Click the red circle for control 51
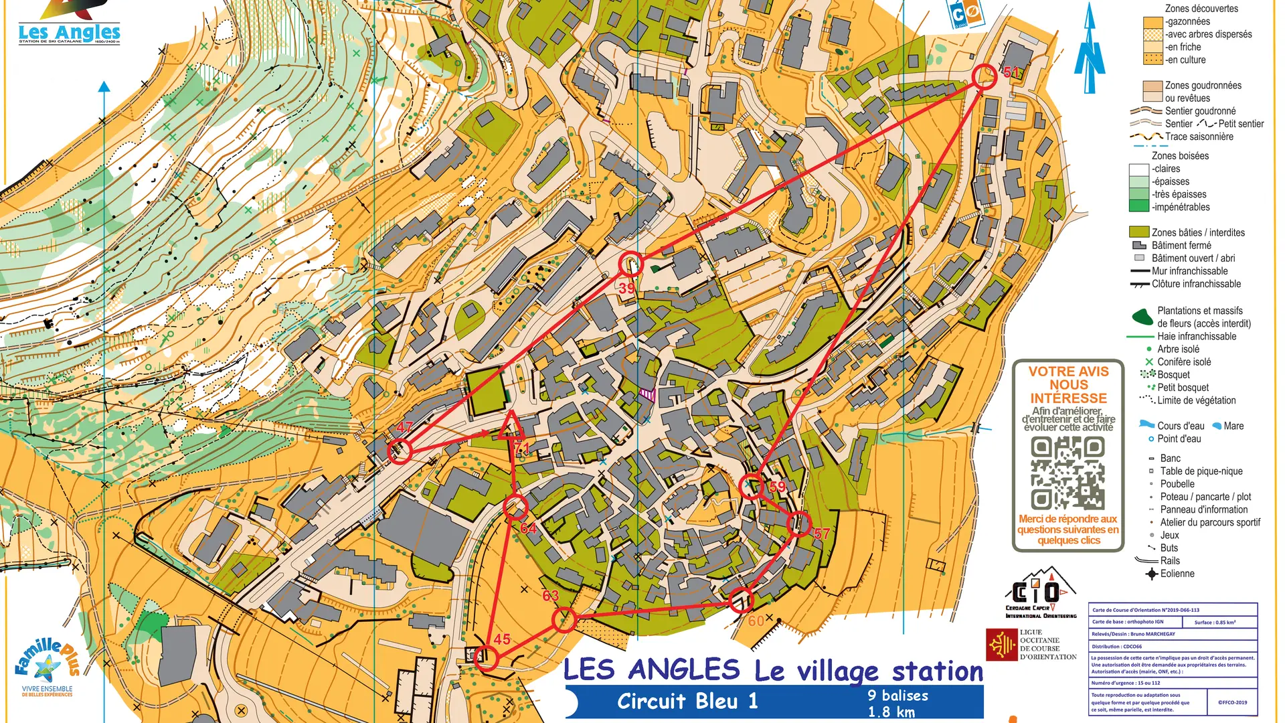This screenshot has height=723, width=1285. (984, 76)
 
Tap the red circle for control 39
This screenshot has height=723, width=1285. (630, 264)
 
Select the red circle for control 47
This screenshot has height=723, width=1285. (400, 451)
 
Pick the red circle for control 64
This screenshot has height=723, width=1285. (515, 507)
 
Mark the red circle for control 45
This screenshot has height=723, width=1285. (486, 657)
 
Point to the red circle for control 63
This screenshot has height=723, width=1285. (564, 620)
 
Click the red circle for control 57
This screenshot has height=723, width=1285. (799, 524)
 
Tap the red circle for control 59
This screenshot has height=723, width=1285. (752, 487)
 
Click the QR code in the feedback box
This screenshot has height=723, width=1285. (1067, 473)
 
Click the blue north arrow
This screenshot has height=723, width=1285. (1089, 50)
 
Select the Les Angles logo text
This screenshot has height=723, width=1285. (69, 32)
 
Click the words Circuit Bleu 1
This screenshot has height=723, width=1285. (687, 701)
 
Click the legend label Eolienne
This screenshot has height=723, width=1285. (1177, 574)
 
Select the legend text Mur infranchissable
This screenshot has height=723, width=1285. (1189, 271)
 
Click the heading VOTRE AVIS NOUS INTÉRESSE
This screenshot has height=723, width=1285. (1068, 384)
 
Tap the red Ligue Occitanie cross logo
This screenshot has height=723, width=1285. (1001, 645)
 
